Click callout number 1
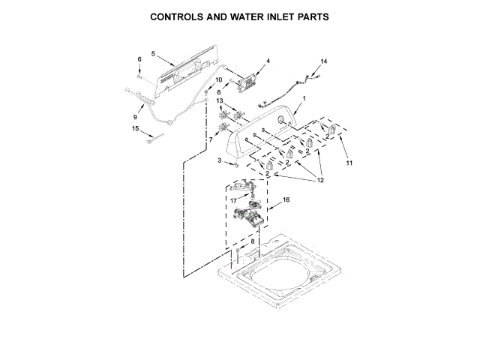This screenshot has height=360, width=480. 304,98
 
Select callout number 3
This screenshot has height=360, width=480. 220,160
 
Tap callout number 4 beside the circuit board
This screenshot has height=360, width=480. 268,60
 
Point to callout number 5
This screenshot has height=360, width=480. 152,54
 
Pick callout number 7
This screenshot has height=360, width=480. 211,139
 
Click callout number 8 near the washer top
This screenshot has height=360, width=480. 252,241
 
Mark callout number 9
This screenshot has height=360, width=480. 135,117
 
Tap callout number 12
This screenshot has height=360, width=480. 319,180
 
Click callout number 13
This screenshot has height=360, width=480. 220,100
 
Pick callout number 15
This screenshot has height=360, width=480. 135,128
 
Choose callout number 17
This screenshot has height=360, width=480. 233,200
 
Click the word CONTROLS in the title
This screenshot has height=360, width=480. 181,16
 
